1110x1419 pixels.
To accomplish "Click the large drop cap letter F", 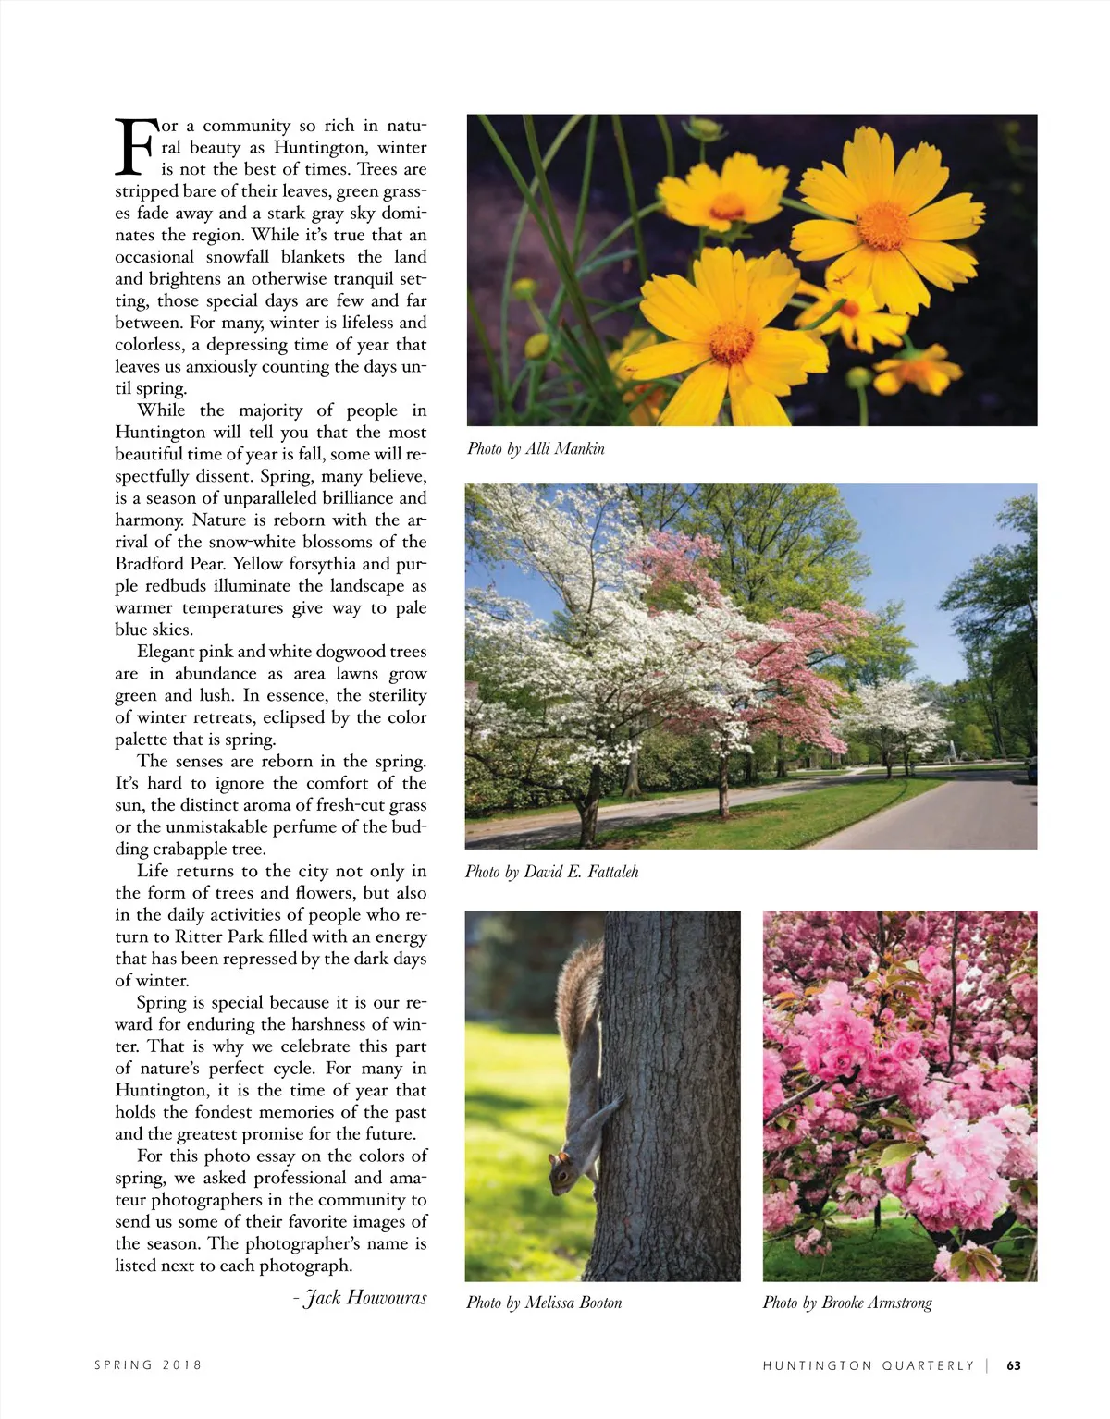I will pos(135,147).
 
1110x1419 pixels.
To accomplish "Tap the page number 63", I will pos(1014,1365).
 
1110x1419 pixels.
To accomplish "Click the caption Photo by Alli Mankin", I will pos(536,449).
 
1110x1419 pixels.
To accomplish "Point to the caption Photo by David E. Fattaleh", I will pos(551,872).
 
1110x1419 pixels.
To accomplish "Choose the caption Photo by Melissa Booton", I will pos(544,1303).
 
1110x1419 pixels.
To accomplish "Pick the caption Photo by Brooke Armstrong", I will pos(846,1303).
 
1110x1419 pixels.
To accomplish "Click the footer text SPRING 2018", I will pos(148,1365).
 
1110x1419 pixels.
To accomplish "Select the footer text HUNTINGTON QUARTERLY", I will pos(868,1365).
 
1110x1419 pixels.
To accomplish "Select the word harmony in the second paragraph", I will pos(148,520).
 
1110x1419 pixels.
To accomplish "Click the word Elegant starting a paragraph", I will pos(169,651).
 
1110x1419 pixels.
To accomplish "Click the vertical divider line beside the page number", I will pos(988,1365).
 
